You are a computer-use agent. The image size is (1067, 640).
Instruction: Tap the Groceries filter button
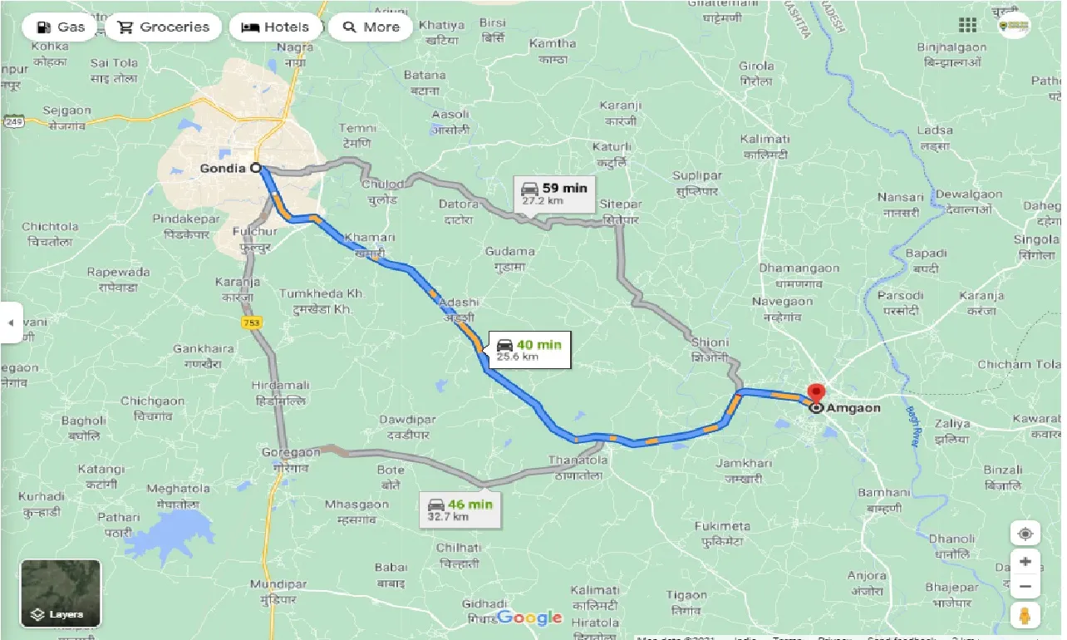coord(163,27)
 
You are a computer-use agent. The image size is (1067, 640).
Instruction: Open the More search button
coord(371,27)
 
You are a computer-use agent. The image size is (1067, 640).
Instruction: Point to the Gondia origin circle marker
coord(256,168)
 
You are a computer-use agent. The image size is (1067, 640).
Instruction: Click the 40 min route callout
coord(529,350)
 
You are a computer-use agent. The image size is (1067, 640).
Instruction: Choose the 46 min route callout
coord(460,510)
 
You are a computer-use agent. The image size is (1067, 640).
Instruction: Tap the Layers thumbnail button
coord(61,593)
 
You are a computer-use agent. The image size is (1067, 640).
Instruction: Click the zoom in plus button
coord(1025,562)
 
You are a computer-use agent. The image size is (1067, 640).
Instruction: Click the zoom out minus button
coord(1025,588)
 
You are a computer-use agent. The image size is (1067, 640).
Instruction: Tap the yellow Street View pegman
coord(1025,617)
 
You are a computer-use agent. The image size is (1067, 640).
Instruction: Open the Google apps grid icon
coord(967,25)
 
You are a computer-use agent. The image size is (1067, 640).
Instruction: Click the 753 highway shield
coord(249,321)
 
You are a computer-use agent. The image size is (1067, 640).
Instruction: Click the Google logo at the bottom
coord(529,618)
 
